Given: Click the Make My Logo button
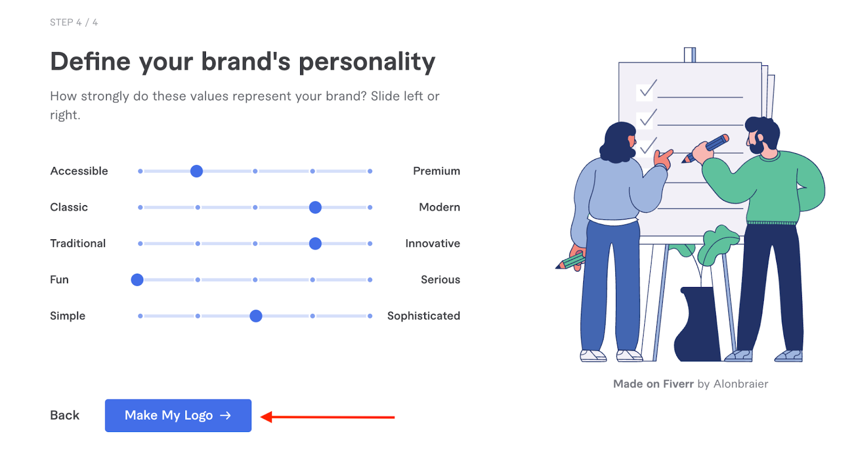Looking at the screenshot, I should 178,415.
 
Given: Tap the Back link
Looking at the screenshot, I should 65,415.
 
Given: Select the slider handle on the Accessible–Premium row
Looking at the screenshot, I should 196,171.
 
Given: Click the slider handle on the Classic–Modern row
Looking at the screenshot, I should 315,207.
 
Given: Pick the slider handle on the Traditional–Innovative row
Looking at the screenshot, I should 315,244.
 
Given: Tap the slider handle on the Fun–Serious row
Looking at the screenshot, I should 137,279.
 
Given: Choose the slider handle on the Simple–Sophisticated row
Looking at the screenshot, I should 256,316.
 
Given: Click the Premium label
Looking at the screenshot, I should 436,171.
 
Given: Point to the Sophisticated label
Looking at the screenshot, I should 423,316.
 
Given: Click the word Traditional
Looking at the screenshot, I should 78,244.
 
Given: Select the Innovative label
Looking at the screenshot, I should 432,244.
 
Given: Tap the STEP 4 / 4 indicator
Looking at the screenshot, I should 74,22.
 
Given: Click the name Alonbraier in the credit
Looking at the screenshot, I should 740,384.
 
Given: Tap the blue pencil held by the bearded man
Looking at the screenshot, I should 712,146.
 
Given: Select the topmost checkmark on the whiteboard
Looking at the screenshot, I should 647,88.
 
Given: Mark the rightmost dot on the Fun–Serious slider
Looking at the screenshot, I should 370,279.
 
